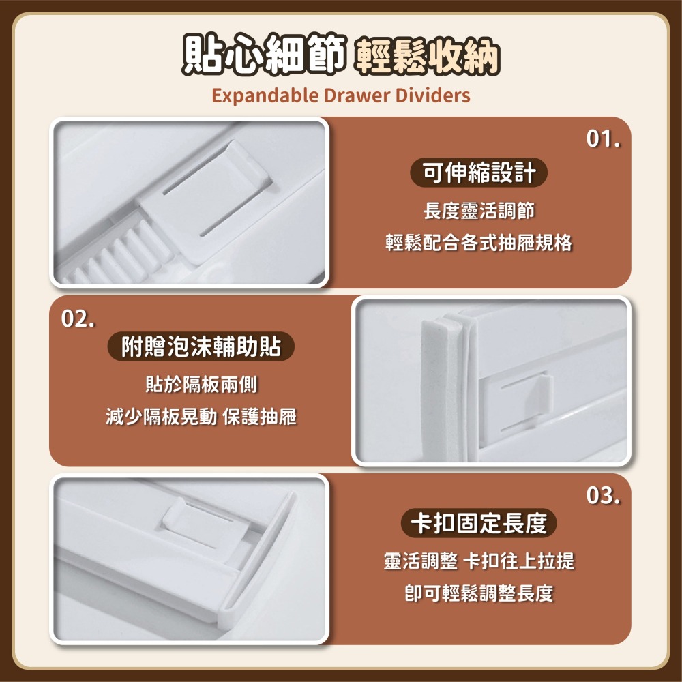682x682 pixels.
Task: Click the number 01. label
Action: (603, 140)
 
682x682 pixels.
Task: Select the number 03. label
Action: (603, 495)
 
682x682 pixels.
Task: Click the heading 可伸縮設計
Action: (478, 174)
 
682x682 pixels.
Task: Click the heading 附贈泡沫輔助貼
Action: (201, 347)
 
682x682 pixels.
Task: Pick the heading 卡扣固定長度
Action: (478, 524)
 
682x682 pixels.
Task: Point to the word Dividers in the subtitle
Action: (433, 95)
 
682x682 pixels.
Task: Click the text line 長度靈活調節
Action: (478, 211)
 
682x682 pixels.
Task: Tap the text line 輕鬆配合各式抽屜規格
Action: (478, 243)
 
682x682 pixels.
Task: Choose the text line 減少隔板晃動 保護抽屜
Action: (201, 417)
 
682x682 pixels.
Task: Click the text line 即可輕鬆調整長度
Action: (478, 593)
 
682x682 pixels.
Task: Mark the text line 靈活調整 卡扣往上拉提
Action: (478, 561)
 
